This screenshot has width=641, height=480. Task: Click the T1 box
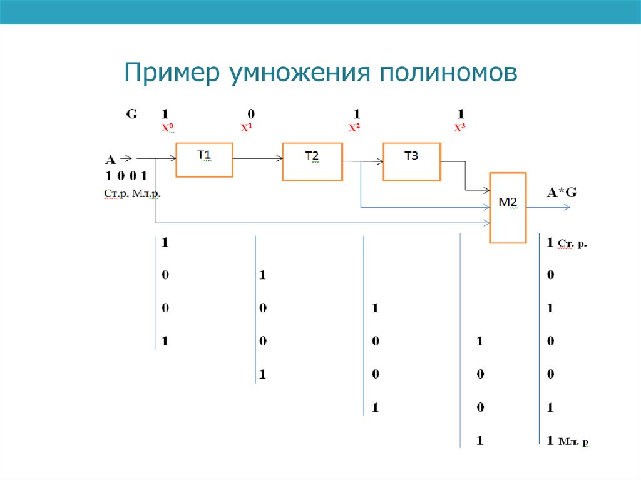pyautogui.click(x=204, y=160)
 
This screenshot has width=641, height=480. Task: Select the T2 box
pyautogui.click(x=312, y=161)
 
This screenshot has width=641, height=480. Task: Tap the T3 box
pyautogui.click(x=411, y=161)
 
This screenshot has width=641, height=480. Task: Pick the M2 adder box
pyautogui.click(x=508, y=207)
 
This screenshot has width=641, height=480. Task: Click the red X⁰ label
pyautogui.click(x=167, y=128)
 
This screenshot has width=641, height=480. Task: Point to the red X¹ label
pyautogui.click(x=246, y=128)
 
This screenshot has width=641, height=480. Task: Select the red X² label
pyautogui.click(x=354, y=128)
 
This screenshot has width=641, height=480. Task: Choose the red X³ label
pyautogui.click(x=460, y=128)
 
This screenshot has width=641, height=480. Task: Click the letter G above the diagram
pyautogui.click(x=132, y=115)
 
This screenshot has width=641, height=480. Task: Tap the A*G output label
pyautogui.click(x=562, y=193)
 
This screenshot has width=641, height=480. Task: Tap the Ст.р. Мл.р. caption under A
pyautogui.click(x=132, y=195)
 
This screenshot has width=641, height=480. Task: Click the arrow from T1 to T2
pyautogui.click(x=257, y=159)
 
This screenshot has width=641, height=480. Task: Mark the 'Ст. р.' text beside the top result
pyautogui.click(x=572, y=244)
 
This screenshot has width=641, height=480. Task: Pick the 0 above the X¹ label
pyautogui.click(x=251, y=115)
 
